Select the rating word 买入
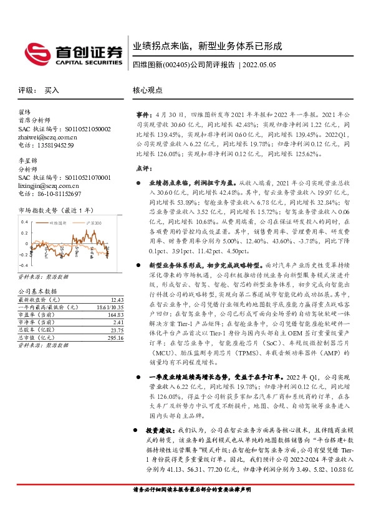point(51,90)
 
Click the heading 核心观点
point(147,90)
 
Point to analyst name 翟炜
point(26,113)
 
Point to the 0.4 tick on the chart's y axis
point(25,222)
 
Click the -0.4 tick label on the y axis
point(24,264)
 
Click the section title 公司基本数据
point(37,291)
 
